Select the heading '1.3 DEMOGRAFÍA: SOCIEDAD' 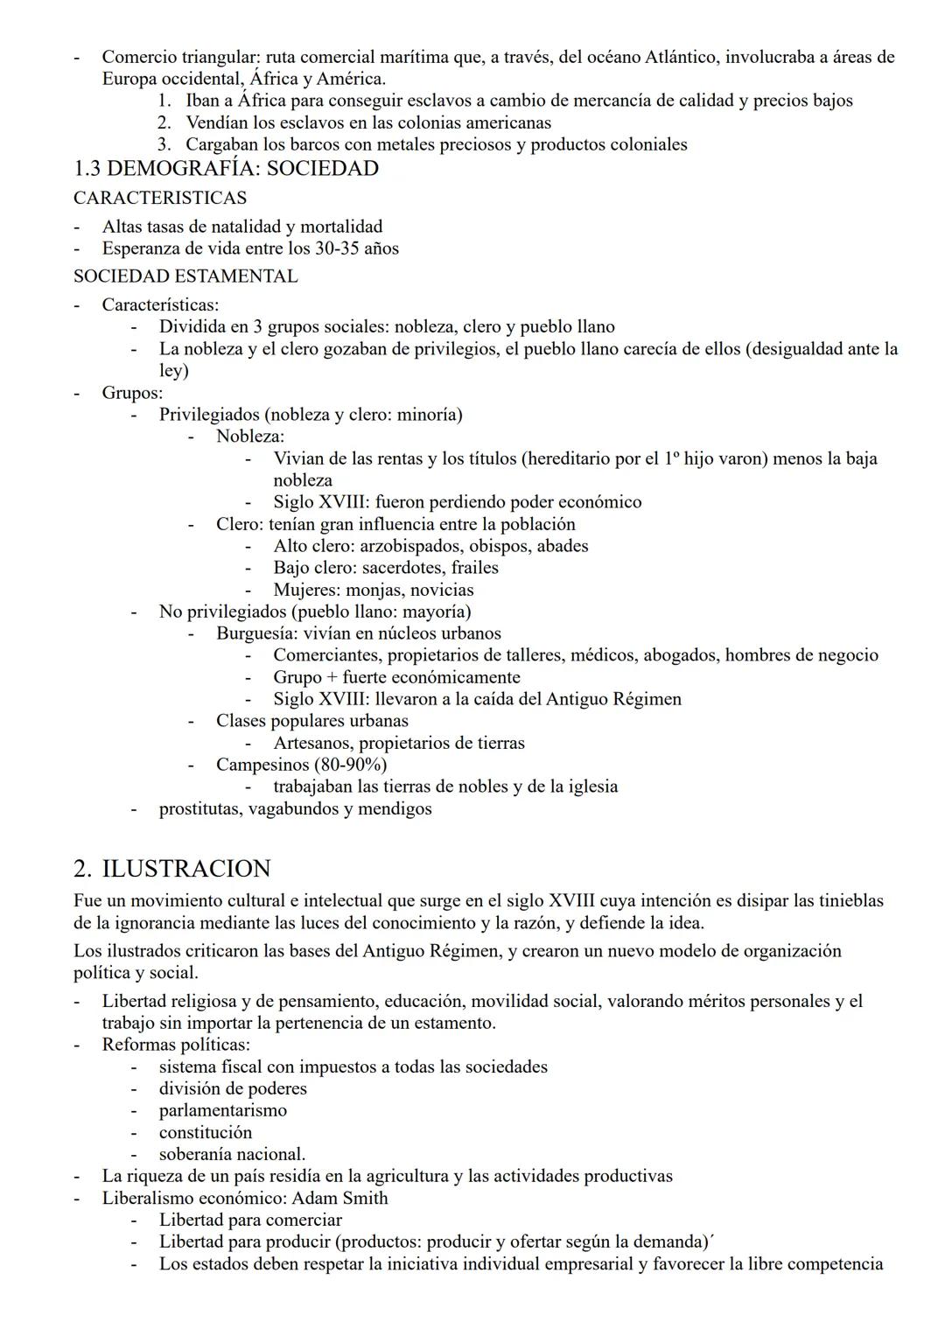pos(226,169)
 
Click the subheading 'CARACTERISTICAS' pos(160,199)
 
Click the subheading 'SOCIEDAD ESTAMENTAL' pos(185,276)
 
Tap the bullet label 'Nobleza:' pos(250,437)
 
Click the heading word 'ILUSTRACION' pos(186,869)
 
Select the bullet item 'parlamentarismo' pos(222,1110)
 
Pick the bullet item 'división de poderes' pos(233,1088)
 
